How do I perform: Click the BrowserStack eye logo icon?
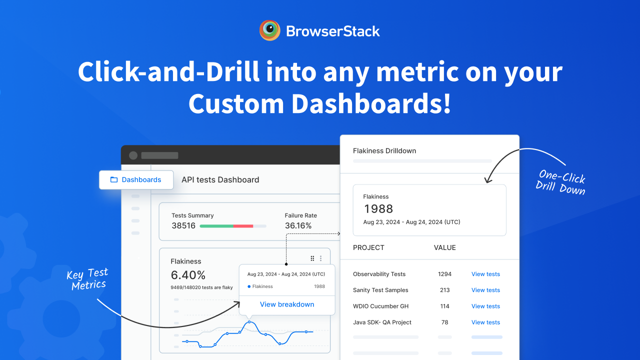(269, 30)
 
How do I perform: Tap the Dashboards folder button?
(136, 179)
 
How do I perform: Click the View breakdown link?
(287, 304)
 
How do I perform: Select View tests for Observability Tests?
(485, 274)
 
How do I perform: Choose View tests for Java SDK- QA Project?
(485, 322)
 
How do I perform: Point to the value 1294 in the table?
(444, 274)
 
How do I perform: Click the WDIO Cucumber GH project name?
(380, 306)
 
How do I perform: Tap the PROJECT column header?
(368, 247)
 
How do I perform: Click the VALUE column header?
(444, 247)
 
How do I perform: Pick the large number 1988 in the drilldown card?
(378, 209)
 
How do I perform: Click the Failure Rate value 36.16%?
(298, 225)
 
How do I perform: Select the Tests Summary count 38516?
(183, 225)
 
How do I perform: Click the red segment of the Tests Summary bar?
(243, 226)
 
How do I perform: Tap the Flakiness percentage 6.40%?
(188, 275)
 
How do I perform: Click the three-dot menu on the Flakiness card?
(321, 258)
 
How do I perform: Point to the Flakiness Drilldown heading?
(384, 151)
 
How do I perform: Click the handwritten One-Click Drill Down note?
(560, 182)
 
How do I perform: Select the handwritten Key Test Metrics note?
(87, 279)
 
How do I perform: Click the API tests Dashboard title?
(220, 179)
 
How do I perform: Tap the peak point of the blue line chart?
(249, 321)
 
